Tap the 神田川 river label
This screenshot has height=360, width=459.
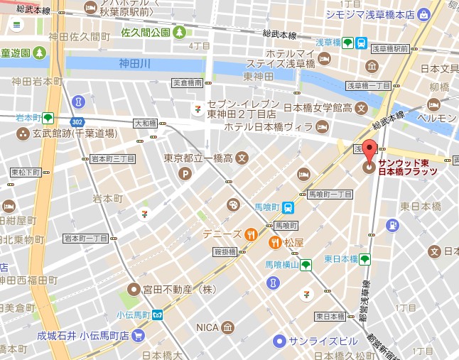click(x=136, y=63)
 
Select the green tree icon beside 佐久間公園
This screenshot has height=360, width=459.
click(x=180, y=32)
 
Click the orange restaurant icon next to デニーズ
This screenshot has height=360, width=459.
click(x=251, y=234)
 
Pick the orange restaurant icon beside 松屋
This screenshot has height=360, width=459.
click(x=274, y=243)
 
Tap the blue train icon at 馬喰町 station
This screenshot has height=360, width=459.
click(x=288, y=208)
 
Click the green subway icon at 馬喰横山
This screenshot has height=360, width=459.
click(x=306, y=265)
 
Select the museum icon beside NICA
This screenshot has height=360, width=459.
click(x=227, y=327)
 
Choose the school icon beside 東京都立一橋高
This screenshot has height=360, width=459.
click(x=242, y=158)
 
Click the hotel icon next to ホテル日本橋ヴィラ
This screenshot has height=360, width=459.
click(x=323, y=127)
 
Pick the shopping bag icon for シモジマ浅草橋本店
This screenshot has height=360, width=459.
click(x=424, y=13)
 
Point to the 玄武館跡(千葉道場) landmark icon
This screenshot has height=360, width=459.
click(x=24, y=133)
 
